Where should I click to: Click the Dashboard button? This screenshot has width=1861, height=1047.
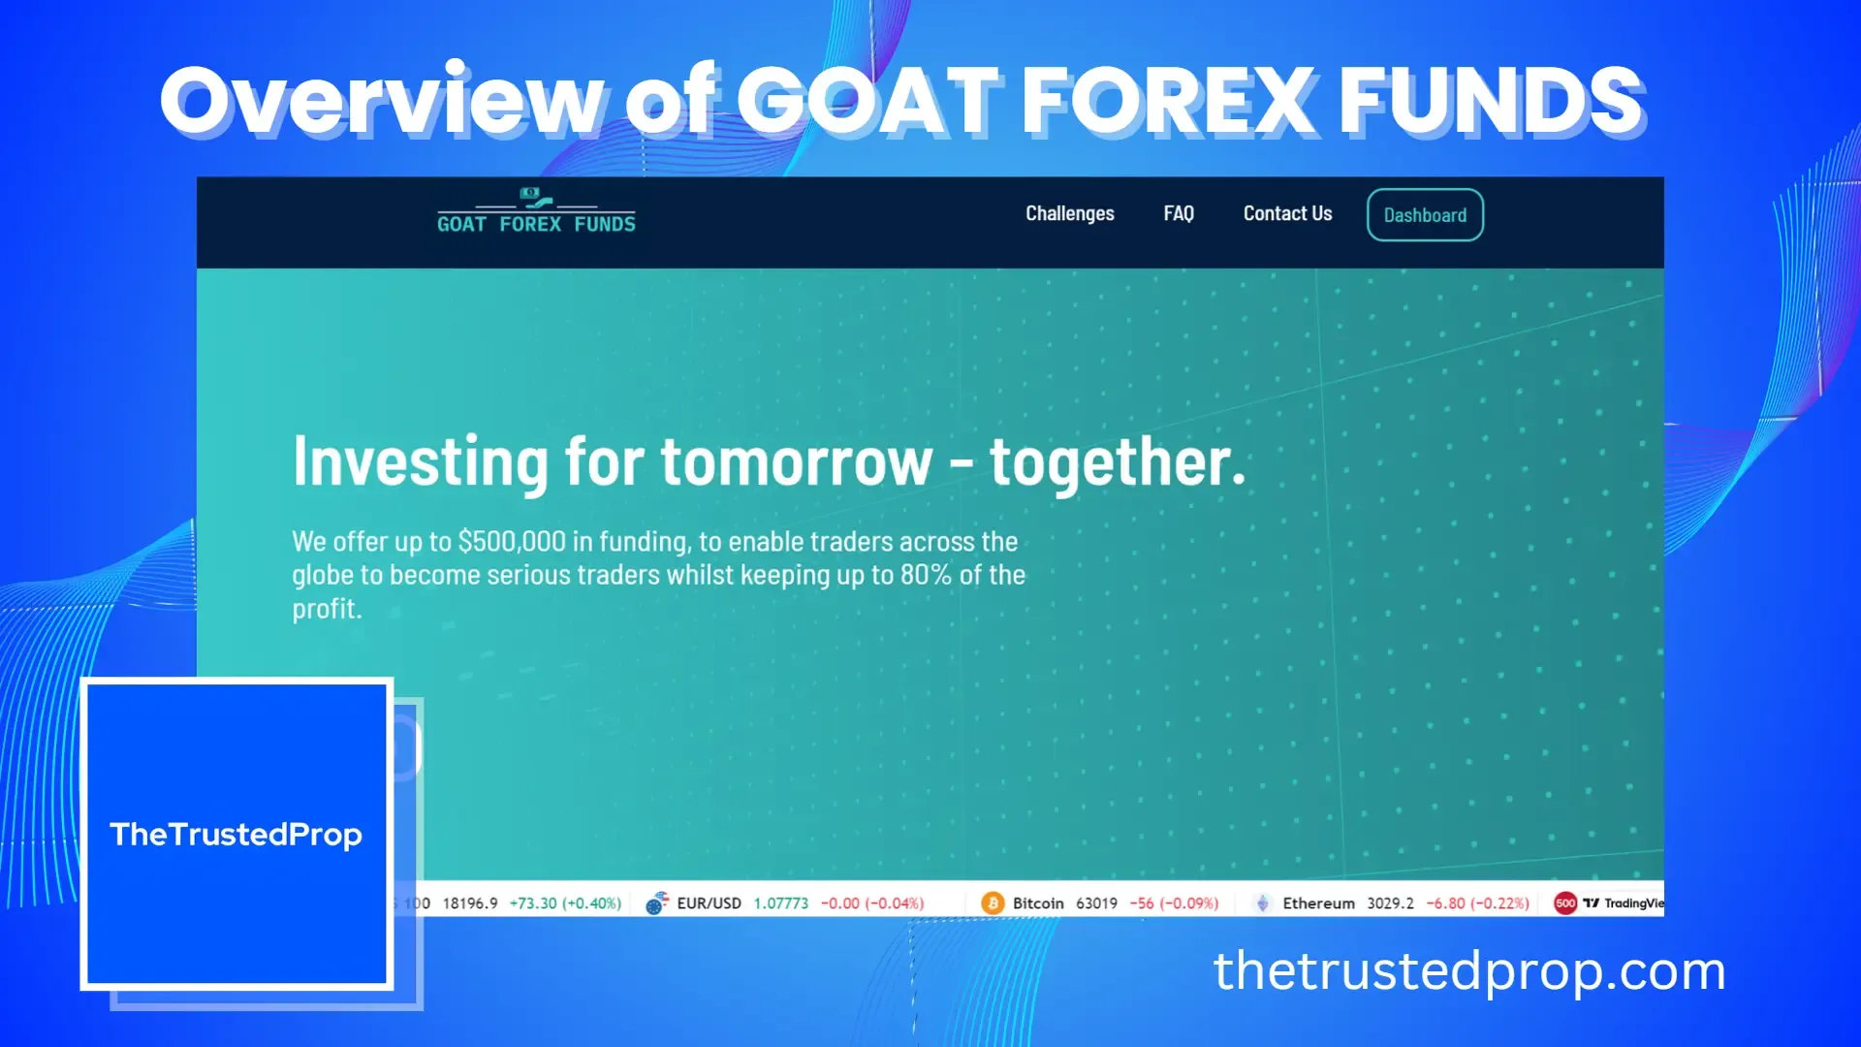pos(1425,215)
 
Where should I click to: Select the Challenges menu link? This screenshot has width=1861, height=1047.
pos(1070,213)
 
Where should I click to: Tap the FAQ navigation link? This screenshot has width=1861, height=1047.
pos(1179,213)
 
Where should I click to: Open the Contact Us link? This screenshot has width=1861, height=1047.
pos(1287,213)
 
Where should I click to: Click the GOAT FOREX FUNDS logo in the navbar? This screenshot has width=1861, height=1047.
pos(536,212)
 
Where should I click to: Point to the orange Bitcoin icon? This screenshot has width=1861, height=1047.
pos(993,904)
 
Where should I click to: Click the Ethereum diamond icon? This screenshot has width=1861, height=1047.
pos(1262,904)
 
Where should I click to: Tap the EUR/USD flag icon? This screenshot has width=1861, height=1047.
pos(657,904)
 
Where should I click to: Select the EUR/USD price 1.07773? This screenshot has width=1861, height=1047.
pos(780,904)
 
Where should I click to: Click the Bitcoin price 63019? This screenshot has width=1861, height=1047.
pos(1096,904)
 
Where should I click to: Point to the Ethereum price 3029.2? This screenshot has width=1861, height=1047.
pos(1390,904)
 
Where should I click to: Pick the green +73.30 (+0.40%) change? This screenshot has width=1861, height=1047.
pos(565,904)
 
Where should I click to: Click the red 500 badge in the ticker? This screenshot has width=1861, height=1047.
pos(1565,904)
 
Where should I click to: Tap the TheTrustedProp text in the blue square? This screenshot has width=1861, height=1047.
pos(237,835)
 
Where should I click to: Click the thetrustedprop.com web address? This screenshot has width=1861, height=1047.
pos(1469,971)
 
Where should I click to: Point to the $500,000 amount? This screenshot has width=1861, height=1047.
pos(511,541)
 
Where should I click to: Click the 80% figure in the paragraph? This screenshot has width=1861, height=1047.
pos(926,575)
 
